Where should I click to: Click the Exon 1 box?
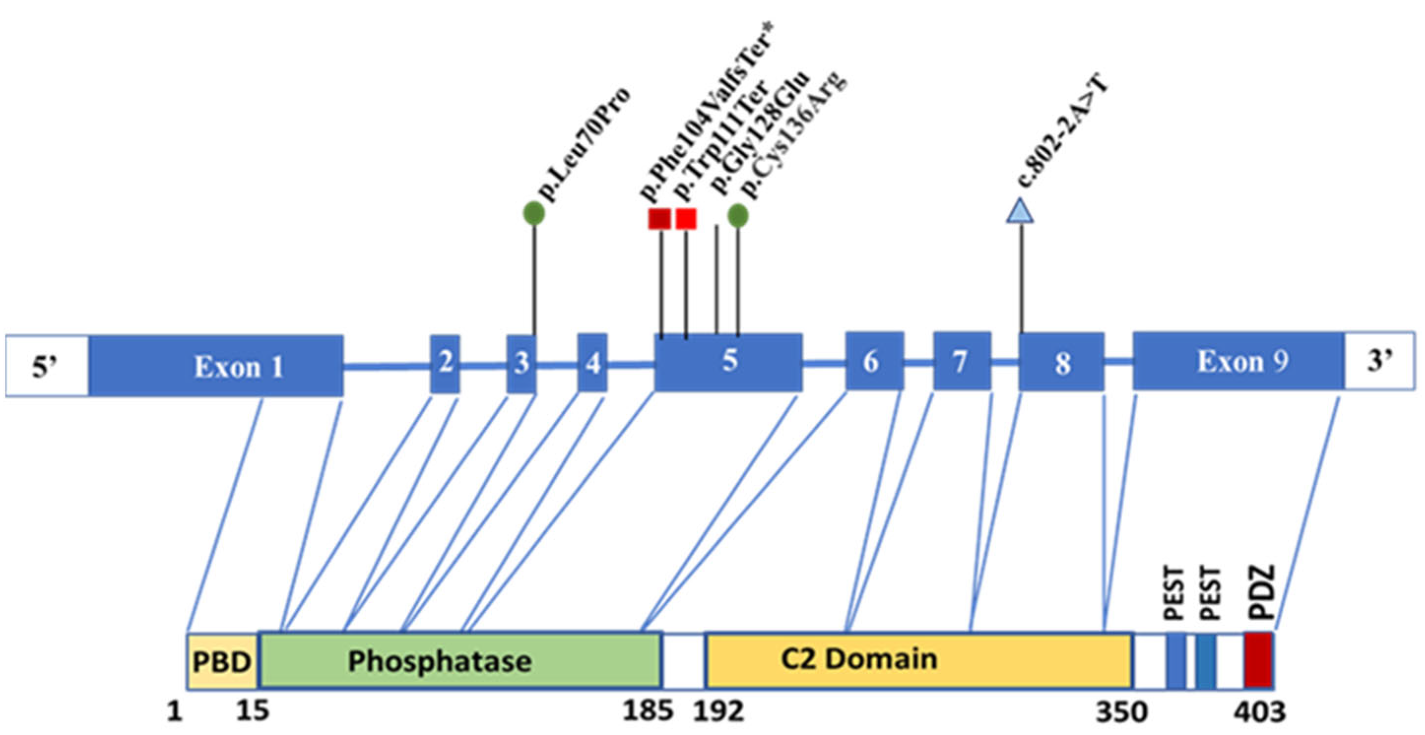click(216, 366)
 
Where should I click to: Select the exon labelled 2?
click(445, 364)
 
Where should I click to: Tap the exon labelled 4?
click(593, 363)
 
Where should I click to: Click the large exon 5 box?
click(728, 362)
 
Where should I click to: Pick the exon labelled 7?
click(962, 361)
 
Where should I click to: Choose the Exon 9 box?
click(1238, 361)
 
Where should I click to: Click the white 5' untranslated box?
click(47, 366)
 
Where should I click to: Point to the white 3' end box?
click(1380, 361)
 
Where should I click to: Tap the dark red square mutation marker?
click(660, 219)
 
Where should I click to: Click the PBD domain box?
click(222, 661)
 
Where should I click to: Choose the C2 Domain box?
click(918, 660)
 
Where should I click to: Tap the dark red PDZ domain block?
click(1258, 660)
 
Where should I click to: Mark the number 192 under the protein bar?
click(719, 711)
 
